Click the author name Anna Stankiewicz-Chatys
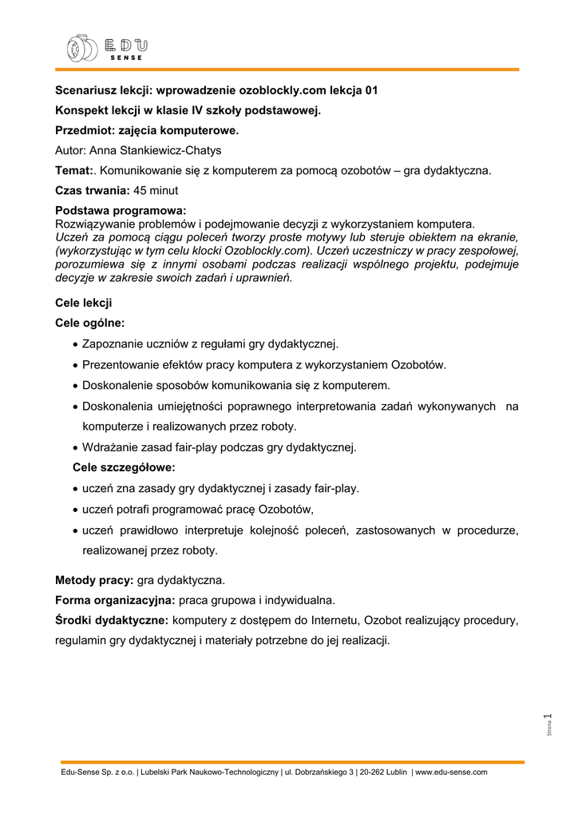pyautogui.click(x=155, y=150)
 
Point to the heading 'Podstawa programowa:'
pyautogui.click(x=121, y=211)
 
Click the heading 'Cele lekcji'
pyautogui.click(x=83, y=303)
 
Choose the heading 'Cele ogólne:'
pyautogui.click(x=89, y=323)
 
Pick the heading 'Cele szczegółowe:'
pyautogui.click(x=124, y=467)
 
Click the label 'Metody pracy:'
pyautogui.click(x=94, y=579)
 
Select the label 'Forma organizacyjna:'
pyautogui.click(x=115, y=599)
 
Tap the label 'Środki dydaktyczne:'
pyautogui.click(x=112, y=620)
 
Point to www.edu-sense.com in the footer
pyautogui.click(x=452, y=772)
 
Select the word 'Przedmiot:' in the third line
pyautogui.click(x=85, y=129)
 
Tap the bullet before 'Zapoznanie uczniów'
pyautogui.click(x=74, y=344)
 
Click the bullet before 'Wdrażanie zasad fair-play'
pyautogui.click(x=74, y=447)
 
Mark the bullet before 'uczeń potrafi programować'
pyautogui.click(x=74, y=509)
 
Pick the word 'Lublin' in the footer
pyautogui.click(x=394, y=772)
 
